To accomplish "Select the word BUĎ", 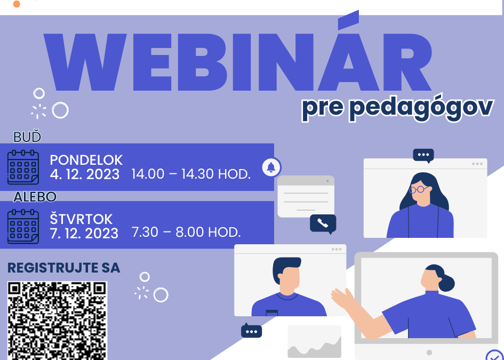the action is (x=27, y=137).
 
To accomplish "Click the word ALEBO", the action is (x=35, y=197).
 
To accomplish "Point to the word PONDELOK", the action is (x=86, y=160).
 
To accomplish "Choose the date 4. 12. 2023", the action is (x=85, y=174).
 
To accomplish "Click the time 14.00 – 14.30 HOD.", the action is (x=191, y=174).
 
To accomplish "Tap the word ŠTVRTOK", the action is (x=81, y=219).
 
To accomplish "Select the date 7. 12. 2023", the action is (x=84, y=233).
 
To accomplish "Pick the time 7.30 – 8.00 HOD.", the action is (x=186, y=233).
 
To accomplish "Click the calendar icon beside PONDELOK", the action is (x=23, y=167).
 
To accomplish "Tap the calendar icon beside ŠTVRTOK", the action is (x=23, y=226).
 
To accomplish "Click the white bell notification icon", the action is (x=271, y=167).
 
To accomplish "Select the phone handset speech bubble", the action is (x=323, y=223).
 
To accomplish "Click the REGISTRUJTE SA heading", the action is (x=63, y=268).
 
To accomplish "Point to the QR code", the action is (x=57, y=321).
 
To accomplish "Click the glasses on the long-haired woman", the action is (x=419, y=189).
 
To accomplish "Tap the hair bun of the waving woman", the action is (x=446, y=283).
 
